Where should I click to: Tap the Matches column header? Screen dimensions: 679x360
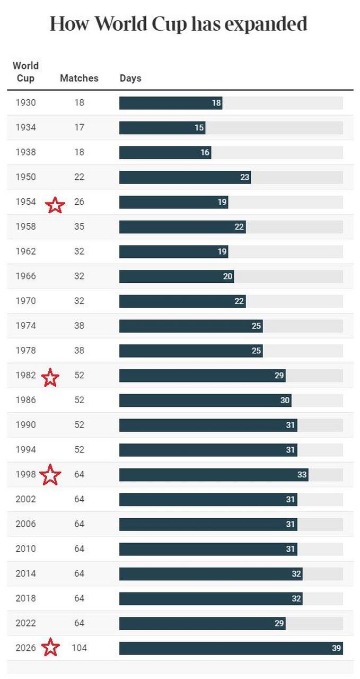[x=79, y=78]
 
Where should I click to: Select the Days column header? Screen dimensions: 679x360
[x=130, y=78]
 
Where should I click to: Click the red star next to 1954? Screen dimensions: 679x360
[x=55, y=205]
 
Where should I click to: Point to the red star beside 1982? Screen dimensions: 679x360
[x=50, y=378]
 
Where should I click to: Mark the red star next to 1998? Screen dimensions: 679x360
[x=50, y=475]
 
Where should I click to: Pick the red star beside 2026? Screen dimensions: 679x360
[x=50, y=647]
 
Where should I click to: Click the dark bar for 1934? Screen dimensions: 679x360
[x=162, y=128]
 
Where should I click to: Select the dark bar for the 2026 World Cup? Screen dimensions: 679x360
[x=231, y=648]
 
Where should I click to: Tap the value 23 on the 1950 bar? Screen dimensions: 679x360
[x=244, y=177]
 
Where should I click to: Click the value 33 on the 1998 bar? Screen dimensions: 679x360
[x=302, y=475]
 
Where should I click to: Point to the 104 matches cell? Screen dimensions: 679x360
[x=79, y=648]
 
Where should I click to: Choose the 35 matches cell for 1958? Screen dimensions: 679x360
[x=79, y=227]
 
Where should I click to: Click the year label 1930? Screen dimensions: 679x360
[x=25, y=102]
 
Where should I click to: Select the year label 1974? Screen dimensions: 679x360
[x=25, y=326]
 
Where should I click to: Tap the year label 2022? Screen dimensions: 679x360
[x=25, y=623]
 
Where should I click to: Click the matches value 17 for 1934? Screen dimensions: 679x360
[x=79, y=127]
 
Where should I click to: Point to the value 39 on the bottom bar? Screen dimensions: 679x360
[x=336, y=648]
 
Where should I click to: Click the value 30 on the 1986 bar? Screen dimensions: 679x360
[x=285, y=401]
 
